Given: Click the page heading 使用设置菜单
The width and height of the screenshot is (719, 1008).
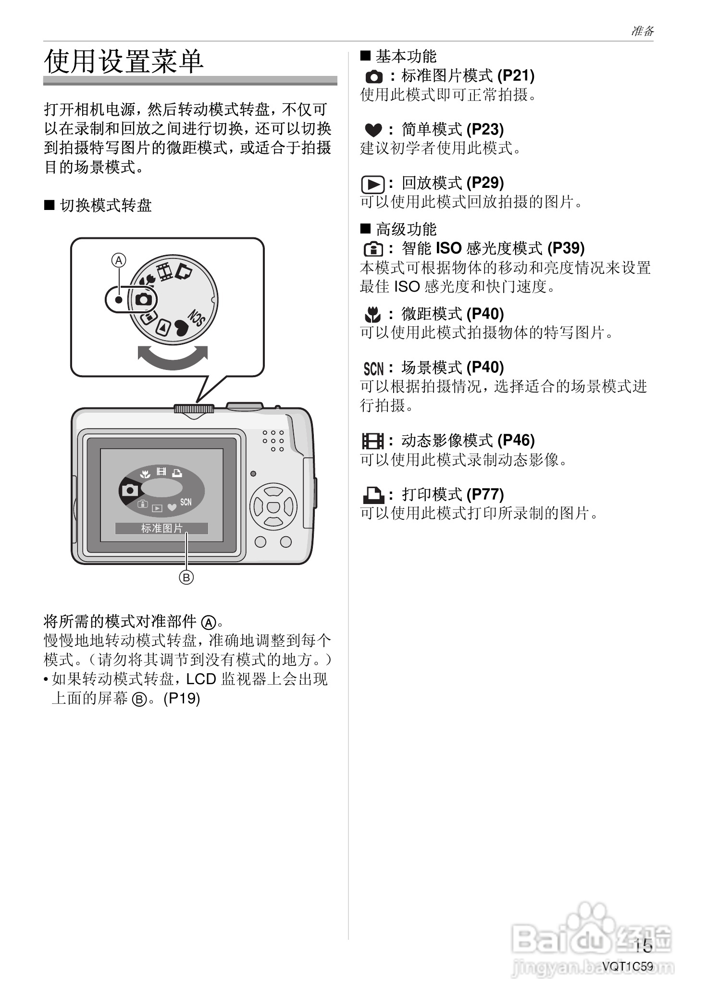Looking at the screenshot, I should [x=124, y=61].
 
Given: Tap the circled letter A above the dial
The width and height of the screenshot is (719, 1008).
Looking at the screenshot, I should [x=119, y=260].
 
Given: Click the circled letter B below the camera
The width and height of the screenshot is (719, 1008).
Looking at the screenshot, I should [x=186, y=577].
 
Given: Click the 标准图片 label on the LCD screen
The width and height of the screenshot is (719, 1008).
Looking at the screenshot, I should [x=161, y=529].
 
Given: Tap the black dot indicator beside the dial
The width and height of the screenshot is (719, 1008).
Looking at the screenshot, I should [x=119, y=300].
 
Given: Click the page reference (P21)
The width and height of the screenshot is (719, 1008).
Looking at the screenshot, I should [x=516, y=75].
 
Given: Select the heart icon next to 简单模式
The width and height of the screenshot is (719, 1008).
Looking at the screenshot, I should [x=373, y=130].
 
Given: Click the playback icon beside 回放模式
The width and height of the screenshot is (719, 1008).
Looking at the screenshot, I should [x=373, y=184].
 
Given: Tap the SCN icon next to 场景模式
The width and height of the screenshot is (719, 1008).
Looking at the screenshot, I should [x=373, y=369].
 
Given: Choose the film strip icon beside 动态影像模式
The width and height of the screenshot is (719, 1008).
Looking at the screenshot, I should [x=373, y=441].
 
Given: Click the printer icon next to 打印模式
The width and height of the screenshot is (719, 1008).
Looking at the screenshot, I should [x=373, y=494].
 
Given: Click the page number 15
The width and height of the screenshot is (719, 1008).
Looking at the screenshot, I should [x=643, y=946].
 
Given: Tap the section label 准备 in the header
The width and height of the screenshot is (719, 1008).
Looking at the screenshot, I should [x=642, y=31].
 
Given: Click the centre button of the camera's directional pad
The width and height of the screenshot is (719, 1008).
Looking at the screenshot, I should [x=273, y=506].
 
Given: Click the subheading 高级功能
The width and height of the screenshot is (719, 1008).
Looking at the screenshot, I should [x=406, y=229].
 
